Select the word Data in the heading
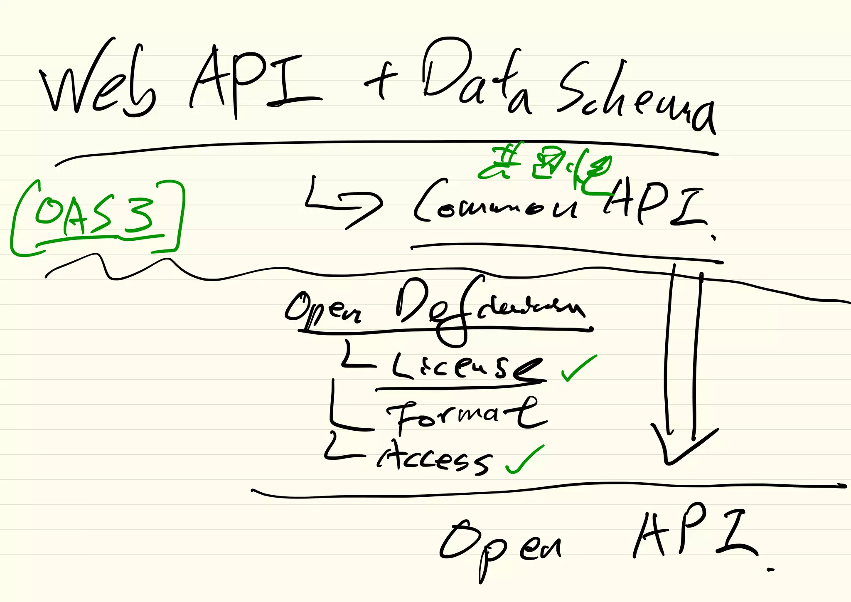474,77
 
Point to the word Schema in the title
636,98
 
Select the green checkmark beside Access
524,459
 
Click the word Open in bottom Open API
499,545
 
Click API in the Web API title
253,81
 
